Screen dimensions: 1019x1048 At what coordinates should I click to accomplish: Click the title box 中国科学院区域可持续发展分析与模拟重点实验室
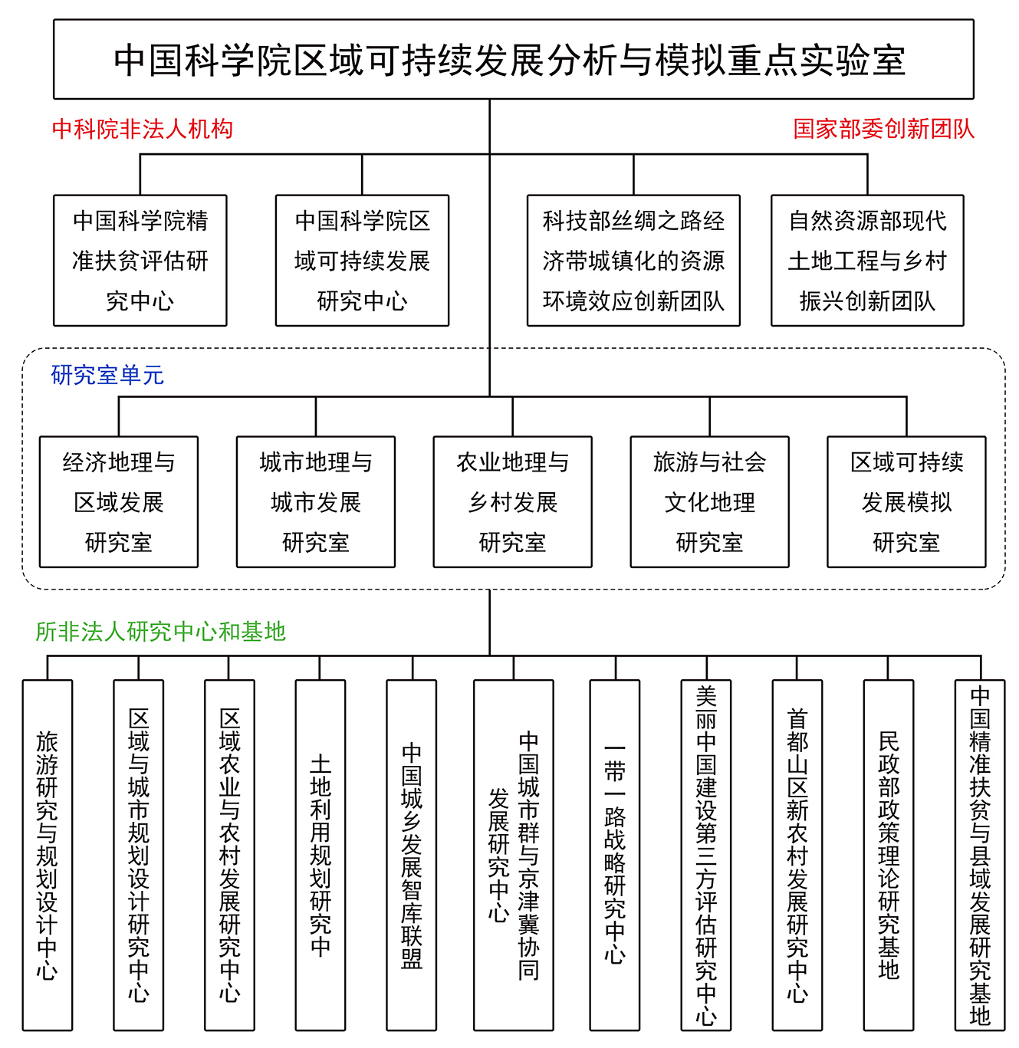click(513, 59)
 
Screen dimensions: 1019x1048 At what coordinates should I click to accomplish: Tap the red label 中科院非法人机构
click(143, 130)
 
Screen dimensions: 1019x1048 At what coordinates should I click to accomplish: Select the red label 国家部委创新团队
click(883, 130)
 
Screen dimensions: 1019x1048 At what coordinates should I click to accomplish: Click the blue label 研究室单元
click(107, 375)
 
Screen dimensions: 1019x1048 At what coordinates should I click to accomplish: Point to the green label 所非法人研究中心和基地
click(160, 631)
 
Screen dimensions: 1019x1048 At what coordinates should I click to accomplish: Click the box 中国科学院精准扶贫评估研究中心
click(140, 260)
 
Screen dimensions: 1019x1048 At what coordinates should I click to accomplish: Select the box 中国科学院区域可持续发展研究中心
click(362, 260)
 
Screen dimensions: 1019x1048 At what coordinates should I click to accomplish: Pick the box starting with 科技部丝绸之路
click(633, 260)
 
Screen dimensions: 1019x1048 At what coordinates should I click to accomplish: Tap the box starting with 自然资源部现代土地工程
click(867, 260)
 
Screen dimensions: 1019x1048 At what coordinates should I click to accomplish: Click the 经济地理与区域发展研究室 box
click(119, 501)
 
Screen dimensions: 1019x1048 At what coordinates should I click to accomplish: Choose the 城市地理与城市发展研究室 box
click(316, 501)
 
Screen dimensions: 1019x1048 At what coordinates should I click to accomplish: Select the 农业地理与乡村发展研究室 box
click(512, 501)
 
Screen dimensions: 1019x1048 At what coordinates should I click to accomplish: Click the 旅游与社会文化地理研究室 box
click(709, 501)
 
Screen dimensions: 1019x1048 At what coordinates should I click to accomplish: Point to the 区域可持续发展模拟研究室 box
click(906, 501)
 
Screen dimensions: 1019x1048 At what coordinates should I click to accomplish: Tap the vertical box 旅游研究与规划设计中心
click(48, 856)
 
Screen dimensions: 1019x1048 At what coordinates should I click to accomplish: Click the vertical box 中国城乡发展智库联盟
click(412, 856)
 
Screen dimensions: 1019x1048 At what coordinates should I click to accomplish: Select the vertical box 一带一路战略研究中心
click(614, 856)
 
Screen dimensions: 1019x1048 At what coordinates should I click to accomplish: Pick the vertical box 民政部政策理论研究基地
click(888, 856)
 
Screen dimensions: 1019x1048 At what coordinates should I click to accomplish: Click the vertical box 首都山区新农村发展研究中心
click(797, 856)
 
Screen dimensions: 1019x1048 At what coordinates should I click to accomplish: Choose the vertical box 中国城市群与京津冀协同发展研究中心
click(513, 856)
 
